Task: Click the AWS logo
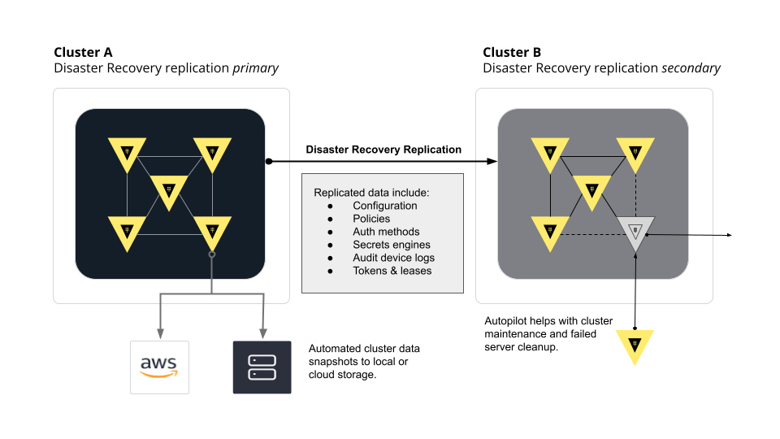coord(159,367)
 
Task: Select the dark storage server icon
coord(262,367)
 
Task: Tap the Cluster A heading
coord(83,53)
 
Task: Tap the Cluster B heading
coord(512,53)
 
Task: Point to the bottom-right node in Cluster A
coord(212,232)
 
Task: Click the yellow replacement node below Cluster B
coord(635,345)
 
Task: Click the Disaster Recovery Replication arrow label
coord(383,150)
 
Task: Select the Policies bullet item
coord(371,219)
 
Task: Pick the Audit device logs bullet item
coord(393,258)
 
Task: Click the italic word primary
coord(255,68)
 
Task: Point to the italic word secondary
coord(691,68)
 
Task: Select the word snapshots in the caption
coord(334,361)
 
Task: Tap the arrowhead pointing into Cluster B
coord(491,162)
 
